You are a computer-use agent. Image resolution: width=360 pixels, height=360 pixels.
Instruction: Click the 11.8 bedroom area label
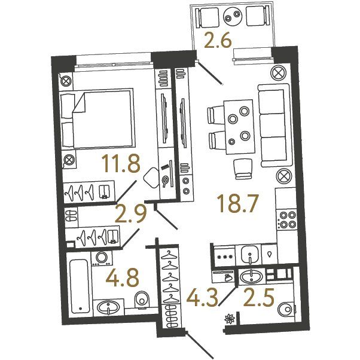pyautogui.click(x=121, y=163)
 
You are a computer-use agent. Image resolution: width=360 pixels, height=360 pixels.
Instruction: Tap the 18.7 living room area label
pyautogui.click(x=239, y=203)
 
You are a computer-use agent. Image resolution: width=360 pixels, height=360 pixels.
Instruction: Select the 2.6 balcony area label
pyautogui.click(x=218, y=39)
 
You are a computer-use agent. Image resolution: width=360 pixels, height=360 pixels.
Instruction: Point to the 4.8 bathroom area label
pyautogui.click(x=123, y=278)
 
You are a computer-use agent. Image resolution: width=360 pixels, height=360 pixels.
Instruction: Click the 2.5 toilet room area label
pyautogui.click(x=259, y=298)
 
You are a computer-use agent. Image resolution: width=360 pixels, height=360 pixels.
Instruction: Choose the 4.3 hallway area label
pyautogui.click(x=202, y=298)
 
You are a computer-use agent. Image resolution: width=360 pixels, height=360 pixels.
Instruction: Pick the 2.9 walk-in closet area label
pyautogui.click(x=130, y=214)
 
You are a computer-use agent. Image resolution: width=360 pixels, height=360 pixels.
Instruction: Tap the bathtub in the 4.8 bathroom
pyautogui.click(x=79, y=286)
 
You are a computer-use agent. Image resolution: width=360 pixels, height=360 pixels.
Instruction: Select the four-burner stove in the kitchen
pyautogui.click(x=287, y=219)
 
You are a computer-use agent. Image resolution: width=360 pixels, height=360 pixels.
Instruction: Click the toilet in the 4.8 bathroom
pyautogui.click(x=142, y=298)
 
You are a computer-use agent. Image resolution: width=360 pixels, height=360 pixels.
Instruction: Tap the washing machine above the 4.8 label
pyautogui.click(x=102, y=258)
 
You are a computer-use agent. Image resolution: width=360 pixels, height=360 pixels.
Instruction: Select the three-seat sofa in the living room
pyautogui.click(x=275, y=125)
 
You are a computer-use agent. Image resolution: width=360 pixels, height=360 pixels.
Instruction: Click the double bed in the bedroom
pyautogui.click(x=97, y=118)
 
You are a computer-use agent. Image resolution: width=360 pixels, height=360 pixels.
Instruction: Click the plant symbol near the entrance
pyautogui.click(x=230, y=319)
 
